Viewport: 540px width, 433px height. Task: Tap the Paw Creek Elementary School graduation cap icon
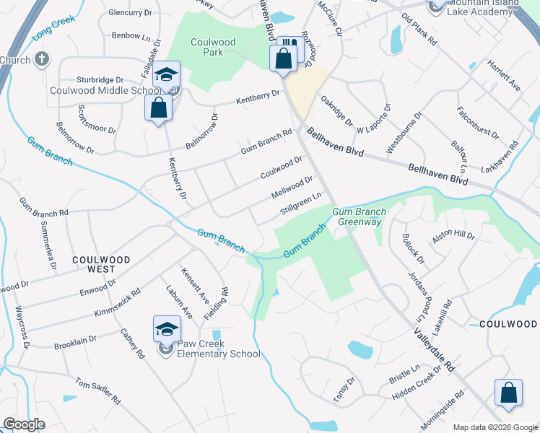coord(167,329)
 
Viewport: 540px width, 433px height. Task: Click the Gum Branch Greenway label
coord(360,216)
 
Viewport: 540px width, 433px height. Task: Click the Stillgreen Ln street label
coord(300,204)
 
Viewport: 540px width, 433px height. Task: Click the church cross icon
coord(42,59)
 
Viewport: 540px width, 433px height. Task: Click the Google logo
coord(24,424)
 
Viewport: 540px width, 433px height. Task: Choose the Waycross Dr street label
coord(22,329)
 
